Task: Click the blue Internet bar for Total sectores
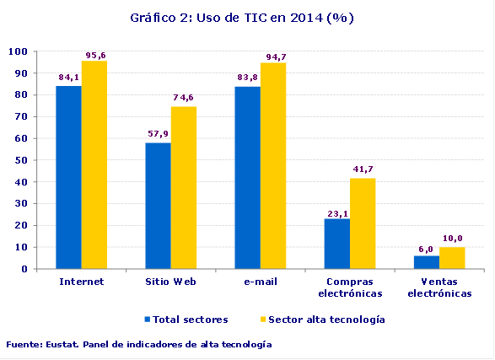point(69,177)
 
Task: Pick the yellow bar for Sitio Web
point(184,187)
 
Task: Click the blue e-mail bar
point(248,178)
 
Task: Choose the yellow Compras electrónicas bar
point(363,223)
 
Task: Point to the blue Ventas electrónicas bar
point(426,262)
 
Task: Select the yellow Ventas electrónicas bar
point(451,258)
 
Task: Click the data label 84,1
point(69,78)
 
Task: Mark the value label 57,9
point(158,134)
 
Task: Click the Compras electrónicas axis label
point(350,287)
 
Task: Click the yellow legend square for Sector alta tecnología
point(261,320)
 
